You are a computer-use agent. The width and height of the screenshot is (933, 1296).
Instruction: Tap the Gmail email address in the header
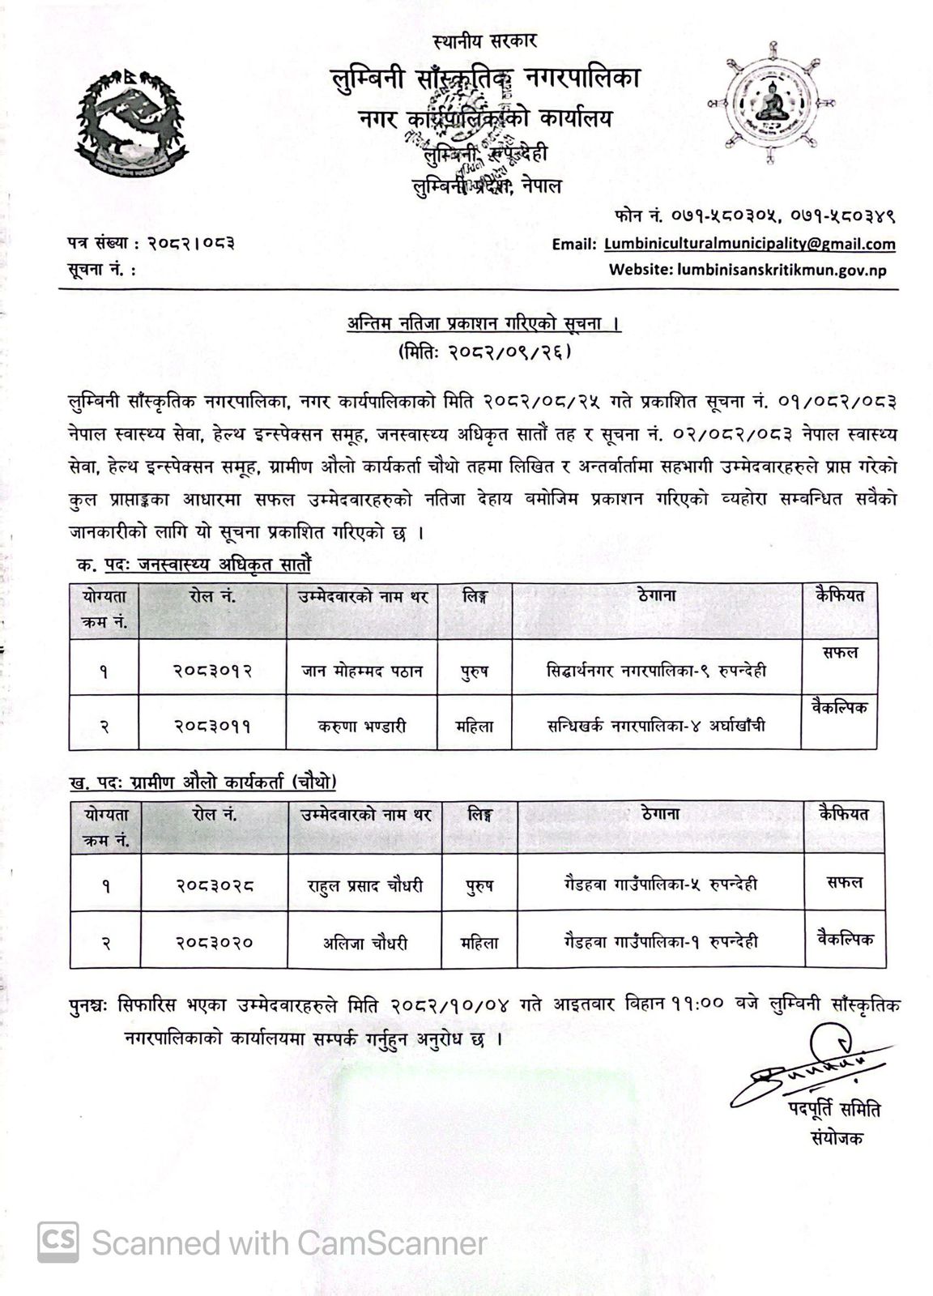point(749,244)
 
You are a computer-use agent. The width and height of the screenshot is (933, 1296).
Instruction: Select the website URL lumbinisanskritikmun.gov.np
point(748,270)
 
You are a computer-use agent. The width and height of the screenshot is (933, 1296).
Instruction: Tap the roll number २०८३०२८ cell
point(214,886)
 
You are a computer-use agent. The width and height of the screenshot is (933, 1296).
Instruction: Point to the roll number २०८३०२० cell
point(214,942)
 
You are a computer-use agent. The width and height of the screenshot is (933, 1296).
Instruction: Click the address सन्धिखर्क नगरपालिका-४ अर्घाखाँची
point(655,726)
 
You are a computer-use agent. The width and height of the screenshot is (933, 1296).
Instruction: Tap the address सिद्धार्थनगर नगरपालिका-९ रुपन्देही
point(656,670)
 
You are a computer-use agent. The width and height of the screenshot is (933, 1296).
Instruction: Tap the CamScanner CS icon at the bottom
point(58,1242)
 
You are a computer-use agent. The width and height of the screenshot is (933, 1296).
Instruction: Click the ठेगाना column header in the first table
point(657,596)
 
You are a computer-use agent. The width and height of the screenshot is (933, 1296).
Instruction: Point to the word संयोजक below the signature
point(837,1138)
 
